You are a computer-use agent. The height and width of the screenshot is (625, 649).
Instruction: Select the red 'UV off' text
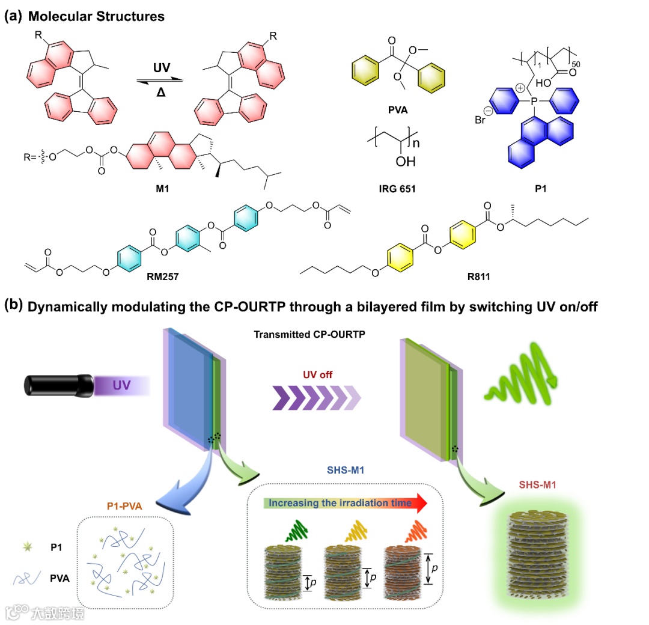(318, 374)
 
